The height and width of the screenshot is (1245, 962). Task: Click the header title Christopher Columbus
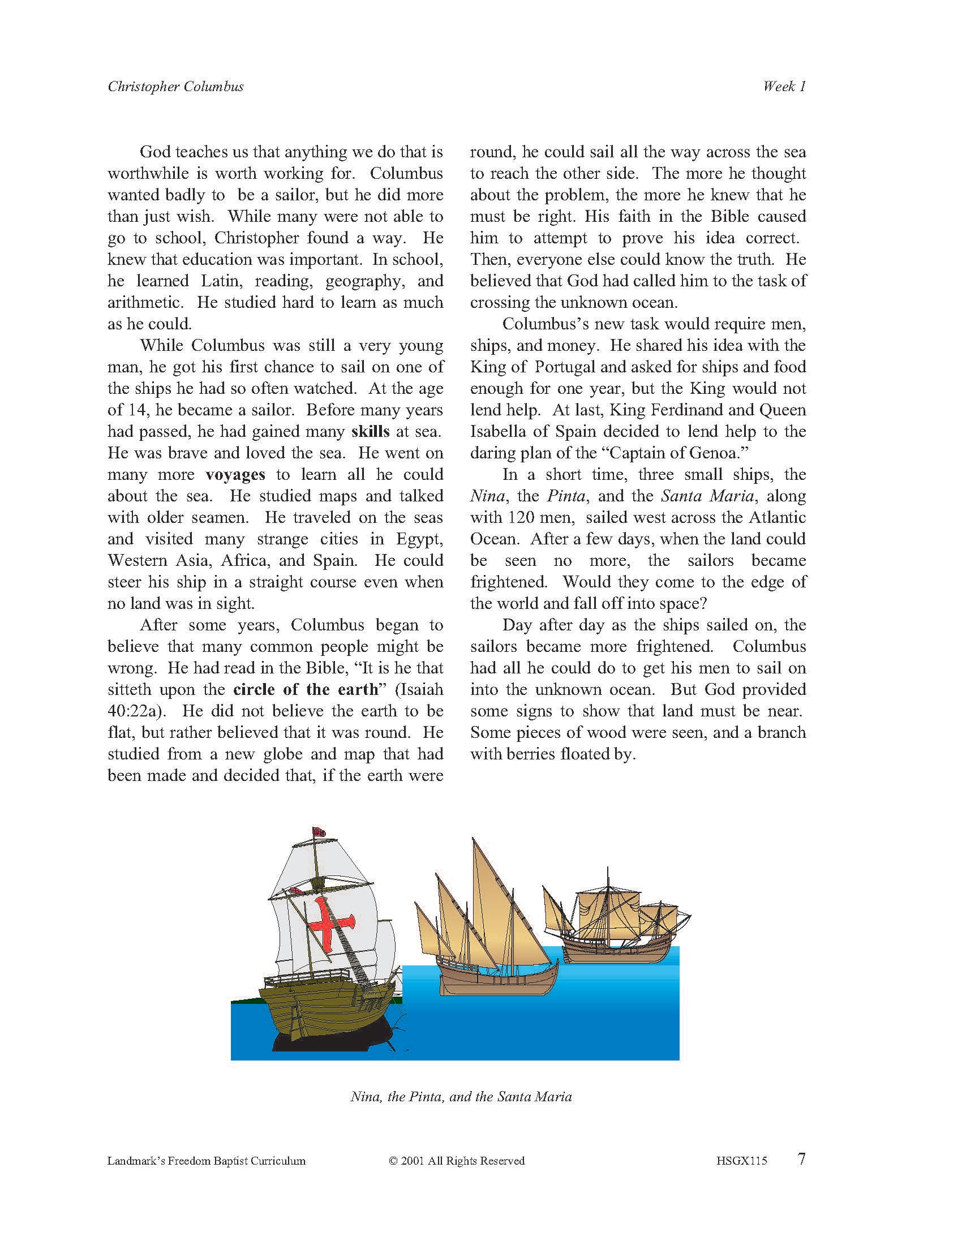point(175,87)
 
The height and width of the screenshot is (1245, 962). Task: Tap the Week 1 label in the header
point(784,87)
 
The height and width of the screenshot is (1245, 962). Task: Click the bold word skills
point(371,432)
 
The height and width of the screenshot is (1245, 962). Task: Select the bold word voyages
point(235,475)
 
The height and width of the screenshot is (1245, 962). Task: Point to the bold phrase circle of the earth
point(306,690)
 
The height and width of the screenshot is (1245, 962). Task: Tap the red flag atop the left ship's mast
point(317,834)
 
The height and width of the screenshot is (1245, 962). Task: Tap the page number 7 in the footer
point(801,1159)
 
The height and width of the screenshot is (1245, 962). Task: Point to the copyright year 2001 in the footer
point(418,1161)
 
